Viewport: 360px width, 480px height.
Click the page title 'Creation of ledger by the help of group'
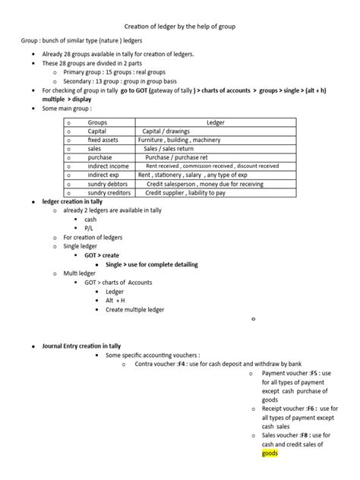pyautogui.click(x=180, y=27)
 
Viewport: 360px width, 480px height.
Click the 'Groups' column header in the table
pyautogui.click(x=97, y=122)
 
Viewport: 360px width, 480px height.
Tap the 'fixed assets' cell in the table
pyautogui.click(x=103, y=140)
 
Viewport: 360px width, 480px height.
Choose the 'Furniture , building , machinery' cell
pyautogui.click(x=181, y=140)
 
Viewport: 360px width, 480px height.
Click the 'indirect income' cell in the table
pyautogui.click(x=109, y=166)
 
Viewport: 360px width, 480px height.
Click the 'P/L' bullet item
pyautogui.click(x=90, y=228)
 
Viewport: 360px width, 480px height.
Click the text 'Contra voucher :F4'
pyautogui.click(x=160, y=364)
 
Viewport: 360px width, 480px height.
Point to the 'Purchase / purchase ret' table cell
pyautogui.click(x=176, y=157)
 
